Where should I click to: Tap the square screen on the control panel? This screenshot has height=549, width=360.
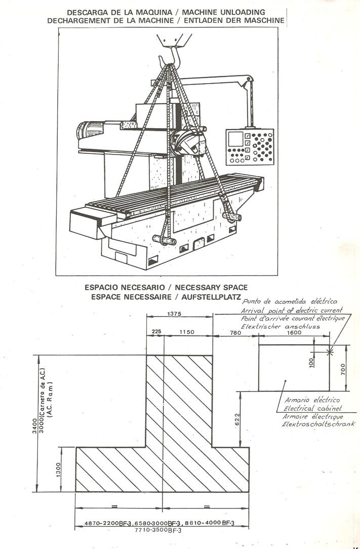click(235, 139)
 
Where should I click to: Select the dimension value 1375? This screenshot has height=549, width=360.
click(174, 314)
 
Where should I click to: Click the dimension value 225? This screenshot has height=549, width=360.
click(155, 332)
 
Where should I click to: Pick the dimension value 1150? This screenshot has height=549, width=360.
click(187, 332)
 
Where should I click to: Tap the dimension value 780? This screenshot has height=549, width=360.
click(235, 333)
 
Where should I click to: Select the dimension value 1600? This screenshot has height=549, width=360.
click(294, 333)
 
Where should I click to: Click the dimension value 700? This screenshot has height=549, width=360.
click(343, 369)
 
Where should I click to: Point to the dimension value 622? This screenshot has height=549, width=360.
click(237, 420)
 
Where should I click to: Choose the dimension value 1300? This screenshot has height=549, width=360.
click(58, 469)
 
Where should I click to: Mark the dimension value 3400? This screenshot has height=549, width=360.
click(34, 425)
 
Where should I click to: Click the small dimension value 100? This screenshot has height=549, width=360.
click(312, 363)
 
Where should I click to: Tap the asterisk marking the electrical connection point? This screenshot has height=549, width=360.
click(330, 351)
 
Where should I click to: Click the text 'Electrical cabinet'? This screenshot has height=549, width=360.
click(312, 408)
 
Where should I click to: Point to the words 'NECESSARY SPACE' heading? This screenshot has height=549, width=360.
click(212, 288)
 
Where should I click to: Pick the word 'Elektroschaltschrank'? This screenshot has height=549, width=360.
click(318, 424)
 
